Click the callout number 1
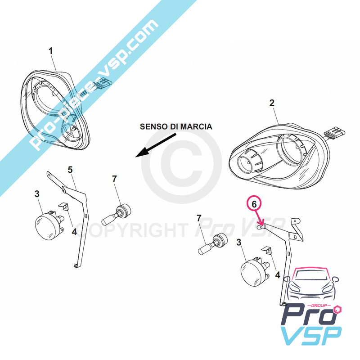[51, 51]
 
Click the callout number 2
[272, 103]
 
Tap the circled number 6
[254, 204]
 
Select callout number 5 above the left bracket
[70, 170]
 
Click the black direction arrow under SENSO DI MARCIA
[155, 145]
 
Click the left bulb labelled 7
[116, 215]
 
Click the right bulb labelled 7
[212, 243]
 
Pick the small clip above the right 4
[267, 250]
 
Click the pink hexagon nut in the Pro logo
[338, 309]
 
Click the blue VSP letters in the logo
[312, 335]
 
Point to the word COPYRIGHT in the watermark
[131, 230]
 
